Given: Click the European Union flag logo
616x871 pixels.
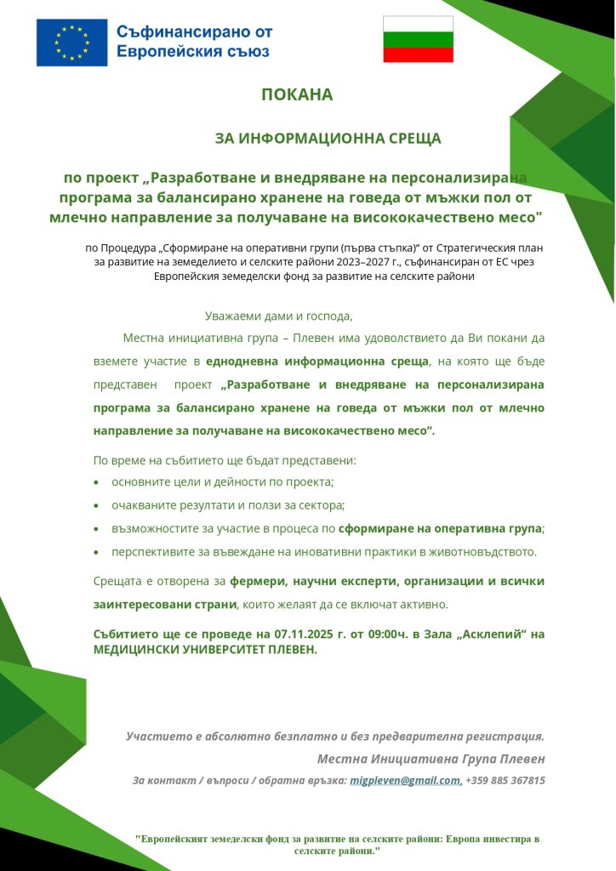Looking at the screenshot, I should pyautogui.click(x=71, y=42).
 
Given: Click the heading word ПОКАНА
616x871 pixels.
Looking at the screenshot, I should pyautogui.click(x=297, y=94).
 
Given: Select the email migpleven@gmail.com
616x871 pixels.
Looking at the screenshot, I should pyautogui.click(x=406, y=780).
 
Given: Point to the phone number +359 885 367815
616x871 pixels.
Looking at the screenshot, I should pyautogui.click(x=505, y=780).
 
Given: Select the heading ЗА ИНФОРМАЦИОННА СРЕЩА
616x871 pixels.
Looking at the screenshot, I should pyautogui.click(x=328, y=137).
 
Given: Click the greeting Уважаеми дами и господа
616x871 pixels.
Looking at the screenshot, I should pyautogui.click(x=278, y=316).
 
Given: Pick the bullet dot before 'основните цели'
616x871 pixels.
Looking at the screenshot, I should pyautogui.click(x=96, y=482).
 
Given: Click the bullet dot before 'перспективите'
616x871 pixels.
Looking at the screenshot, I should pyautogui.click(x=96, y=552).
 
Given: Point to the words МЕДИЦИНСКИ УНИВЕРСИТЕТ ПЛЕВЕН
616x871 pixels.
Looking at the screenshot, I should pyautogui.click(x=204, y=649).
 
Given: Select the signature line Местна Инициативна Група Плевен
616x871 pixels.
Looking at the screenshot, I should pyautogui.click(x=431, y=758).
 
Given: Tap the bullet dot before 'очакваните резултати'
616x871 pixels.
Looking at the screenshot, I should pyautogui.click(x=96, y=505).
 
